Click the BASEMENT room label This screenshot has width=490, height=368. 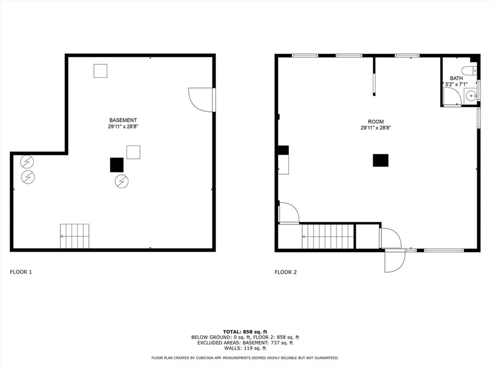pos(123,120)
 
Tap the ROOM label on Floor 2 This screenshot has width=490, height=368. pos(376,122)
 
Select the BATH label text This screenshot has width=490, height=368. pos(456,78)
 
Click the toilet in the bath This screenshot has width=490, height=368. pos(469,71)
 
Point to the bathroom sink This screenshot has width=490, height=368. pos(471,96)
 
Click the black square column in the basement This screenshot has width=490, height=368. pos(117,165)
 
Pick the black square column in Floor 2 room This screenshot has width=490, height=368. pos(381,160)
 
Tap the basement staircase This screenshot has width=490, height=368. pos(75,236)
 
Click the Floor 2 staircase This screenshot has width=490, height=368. pos(328,236)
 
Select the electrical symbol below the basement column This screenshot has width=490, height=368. pos(122,181)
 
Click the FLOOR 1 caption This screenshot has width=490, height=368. pos(21,272)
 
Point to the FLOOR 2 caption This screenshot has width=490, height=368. pos(285,272)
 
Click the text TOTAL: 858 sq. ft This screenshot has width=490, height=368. pos(245,332)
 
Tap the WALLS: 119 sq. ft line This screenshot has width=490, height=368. pos(245,348)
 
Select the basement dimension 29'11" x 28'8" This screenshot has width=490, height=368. pos(123,126)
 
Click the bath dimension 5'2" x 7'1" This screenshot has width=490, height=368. pos(456,85)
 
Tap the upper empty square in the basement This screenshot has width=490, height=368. pos(100,71)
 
